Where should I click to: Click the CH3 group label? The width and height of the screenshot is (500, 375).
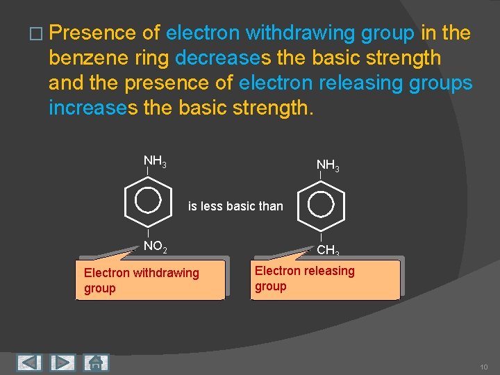pyautogui.click(x=328, y=251)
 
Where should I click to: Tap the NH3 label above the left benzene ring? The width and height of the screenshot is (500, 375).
pyautogui.click(x=154, y=162)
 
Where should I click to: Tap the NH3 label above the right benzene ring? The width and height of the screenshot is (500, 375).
pyautogui.click(x=328, y=165)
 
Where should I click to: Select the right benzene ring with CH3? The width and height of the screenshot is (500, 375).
pyautogui.click(x=322, y=203)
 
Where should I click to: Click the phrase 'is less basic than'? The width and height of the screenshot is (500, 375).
pyautogui.click(x=235, y=206)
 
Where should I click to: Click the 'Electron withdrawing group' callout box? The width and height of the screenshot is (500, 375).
pyautogui.click(x=151, y=281)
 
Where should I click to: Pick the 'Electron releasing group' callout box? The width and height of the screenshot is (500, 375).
pyautogui.click(x=325, y=278)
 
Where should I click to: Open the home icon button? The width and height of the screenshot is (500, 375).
pyautogui.click(x=96, y=362)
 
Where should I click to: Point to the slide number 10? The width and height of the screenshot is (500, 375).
pyautogui.click(x=483, y=365)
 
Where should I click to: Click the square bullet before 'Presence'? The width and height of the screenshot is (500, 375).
pyautogui.click(x=36, y=33)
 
